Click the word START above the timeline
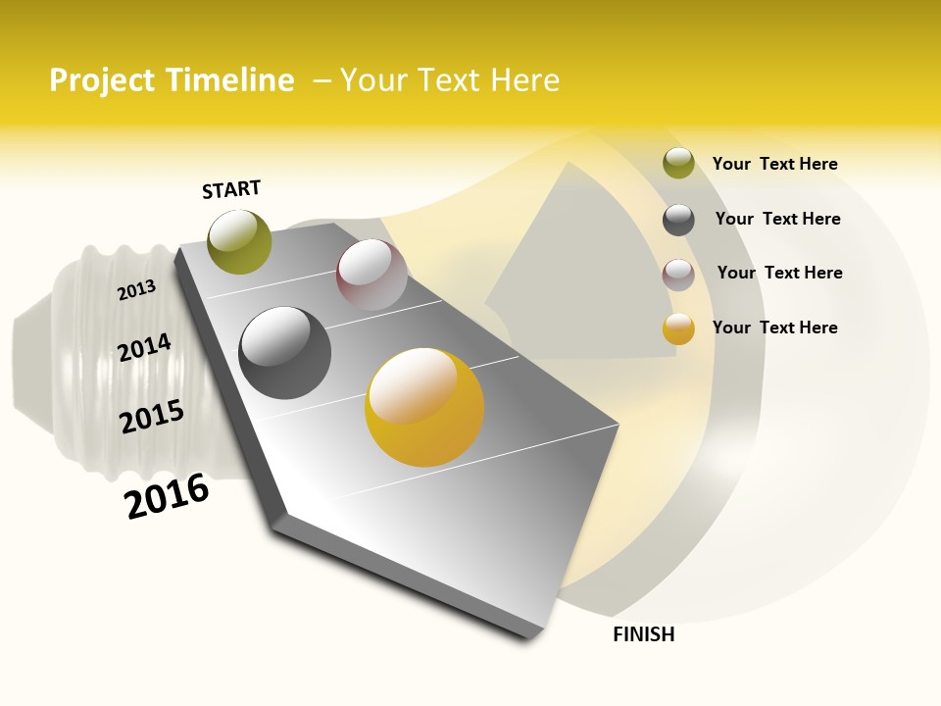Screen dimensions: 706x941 click(231, 189)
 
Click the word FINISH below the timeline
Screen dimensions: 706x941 click(643, 634)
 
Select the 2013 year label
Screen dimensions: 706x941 click(136, 290)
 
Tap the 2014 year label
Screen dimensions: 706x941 click(144, 347)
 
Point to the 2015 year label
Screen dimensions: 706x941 click(152, 416)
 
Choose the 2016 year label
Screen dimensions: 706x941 click(168, 495)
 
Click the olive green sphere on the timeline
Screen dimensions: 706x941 click(240, 241)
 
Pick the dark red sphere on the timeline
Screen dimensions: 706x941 click(371, 275)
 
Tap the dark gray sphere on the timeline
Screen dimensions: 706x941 click(285, 353)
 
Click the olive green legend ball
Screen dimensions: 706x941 click(678, 163)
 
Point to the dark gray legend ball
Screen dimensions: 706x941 click(678, 220)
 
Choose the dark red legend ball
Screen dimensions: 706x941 click(678, 275)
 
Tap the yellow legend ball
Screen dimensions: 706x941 click(678, 328)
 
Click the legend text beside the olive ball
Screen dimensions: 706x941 click(774, 164)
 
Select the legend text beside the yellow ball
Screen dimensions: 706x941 click(774, 328)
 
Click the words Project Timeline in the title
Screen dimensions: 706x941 click(172, 80)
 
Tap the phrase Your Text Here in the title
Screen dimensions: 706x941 click(449, 80)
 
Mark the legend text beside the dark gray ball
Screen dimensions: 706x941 click(777, 219)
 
